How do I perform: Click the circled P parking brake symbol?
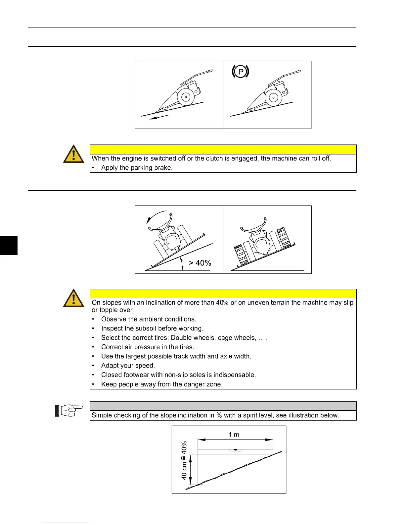(240, 72)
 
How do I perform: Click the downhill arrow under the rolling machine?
(159, 117)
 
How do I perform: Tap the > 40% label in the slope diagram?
(200, 263)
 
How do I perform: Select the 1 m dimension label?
(234, 435)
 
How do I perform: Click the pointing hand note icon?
(68, 411)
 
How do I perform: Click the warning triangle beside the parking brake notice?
(73, 154)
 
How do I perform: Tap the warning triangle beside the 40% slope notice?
(73, 298)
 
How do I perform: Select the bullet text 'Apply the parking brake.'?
(137, 168)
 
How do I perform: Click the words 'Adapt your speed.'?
(128, 366)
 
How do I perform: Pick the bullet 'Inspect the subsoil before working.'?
(152, 328)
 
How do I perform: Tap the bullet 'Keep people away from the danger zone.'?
(162, 384)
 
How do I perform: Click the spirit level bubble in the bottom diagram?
(235, 450)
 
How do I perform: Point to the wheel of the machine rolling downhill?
(186, 97)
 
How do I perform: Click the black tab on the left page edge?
(9, 245)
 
